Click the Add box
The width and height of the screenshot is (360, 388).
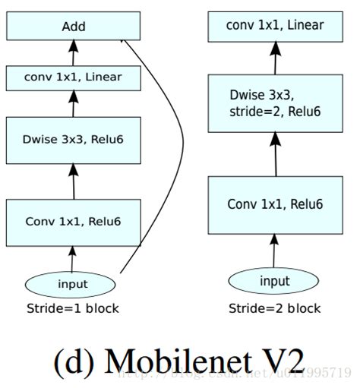point(74,27)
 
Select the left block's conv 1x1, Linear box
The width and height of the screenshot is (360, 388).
point(74,77)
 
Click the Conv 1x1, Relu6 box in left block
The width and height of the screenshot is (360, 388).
point(74,222)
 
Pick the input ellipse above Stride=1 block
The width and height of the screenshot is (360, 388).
point(73,285)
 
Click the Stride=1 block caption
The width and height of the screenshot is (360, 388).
point(73,308)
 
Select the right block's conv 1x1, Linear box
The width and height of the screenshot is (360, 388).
point(274,26)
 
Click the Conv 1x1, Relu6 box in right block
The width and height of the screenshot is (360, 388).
point(274,204)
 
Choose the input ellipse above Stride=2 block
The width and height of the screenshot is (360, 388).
point(274,282)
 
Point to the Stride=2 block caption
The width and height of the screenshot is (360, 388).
point(274,308)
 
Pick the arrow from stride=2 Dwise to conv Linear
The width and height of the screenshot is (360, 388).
point(274,59)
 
